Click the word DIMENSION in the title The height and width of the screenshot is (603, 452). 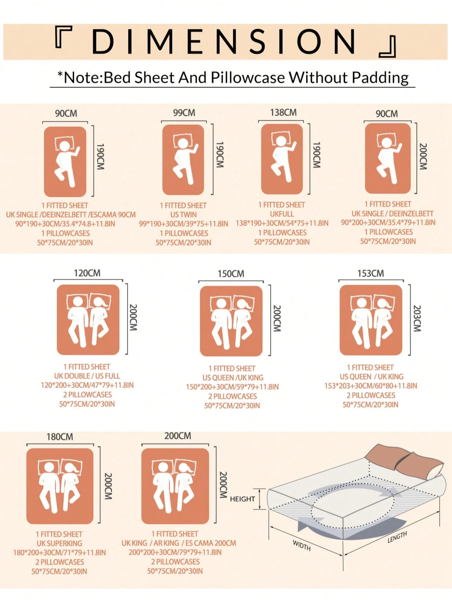click(x=224, y=42)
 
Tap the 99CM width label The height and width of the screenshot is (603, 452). click(x=184, y=113)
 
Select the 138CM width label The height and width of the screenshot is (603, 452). click(x=283, y=112)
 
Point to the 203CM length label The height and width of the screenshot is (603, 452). click(x=417, y=318)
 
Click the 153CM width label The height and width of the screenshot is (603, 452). click(x=371, y=274)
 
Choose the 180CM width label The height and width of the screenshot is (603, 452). click(x=60, y=437)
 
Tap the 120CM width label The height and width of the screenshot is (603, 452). click(x=87, y=273)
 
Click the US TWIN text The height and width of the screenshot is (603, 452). click(x=183, y=215)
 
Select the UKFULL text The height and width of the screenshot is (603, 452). click(x=282, y=214)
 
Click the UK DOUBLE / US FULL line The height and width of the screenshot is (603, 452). click(x=87, y=376)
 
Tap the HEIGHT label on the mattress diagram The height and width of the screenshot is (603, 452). click(x=243, y=499)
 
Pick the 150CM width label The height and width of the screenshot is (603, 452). click(x=231, y=274)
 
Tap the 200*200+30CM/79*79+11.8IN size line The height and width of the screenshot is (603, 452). click(x=175, y=552)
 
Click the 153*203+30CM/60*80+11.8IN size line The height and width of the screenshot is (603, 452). click(x=371, y=386)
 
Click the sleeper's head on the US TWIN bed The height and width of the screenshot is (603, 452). click(x=183, y=144)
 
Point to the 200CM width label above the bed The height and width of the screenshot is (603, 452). click(x=178, y=436)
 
